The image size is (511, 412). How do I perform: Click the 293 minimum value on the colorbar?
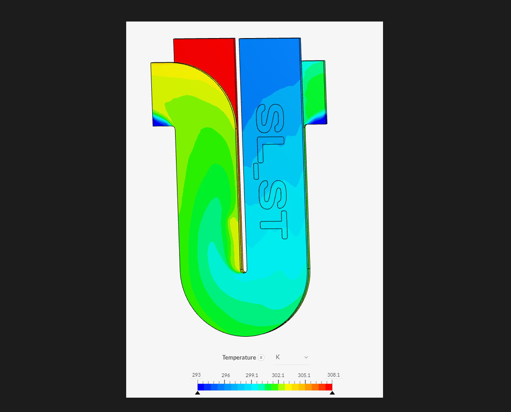(196, 375)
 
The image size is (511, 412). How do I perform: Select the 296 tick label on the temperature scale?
(226, 375)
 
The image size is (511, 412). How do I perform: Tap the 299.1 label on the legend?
(252, 375)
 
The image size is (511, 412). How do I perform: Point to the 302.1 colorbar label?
(278, 375)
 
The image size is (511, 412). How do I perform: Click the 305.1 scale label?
(304, 375)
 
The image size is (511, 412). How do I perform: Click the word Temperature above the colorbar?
(239, 357)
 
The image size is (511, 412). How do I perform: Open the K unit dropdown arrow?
(306, 357)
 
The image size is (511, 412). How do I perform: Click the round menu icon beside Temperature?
(261, 357)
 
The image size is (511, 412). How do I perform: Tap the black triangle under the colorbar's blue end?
(198, 393)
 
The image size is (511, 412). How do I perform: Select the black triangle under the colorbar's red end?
(332, 393)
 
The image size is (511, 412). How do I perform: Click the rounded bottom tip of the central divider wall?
(243, 270)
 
